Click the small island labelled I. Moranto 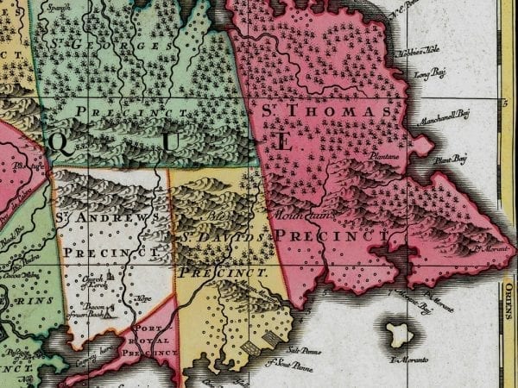pos(399,333)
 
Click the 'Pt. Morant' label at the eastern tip pos(483,253)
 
